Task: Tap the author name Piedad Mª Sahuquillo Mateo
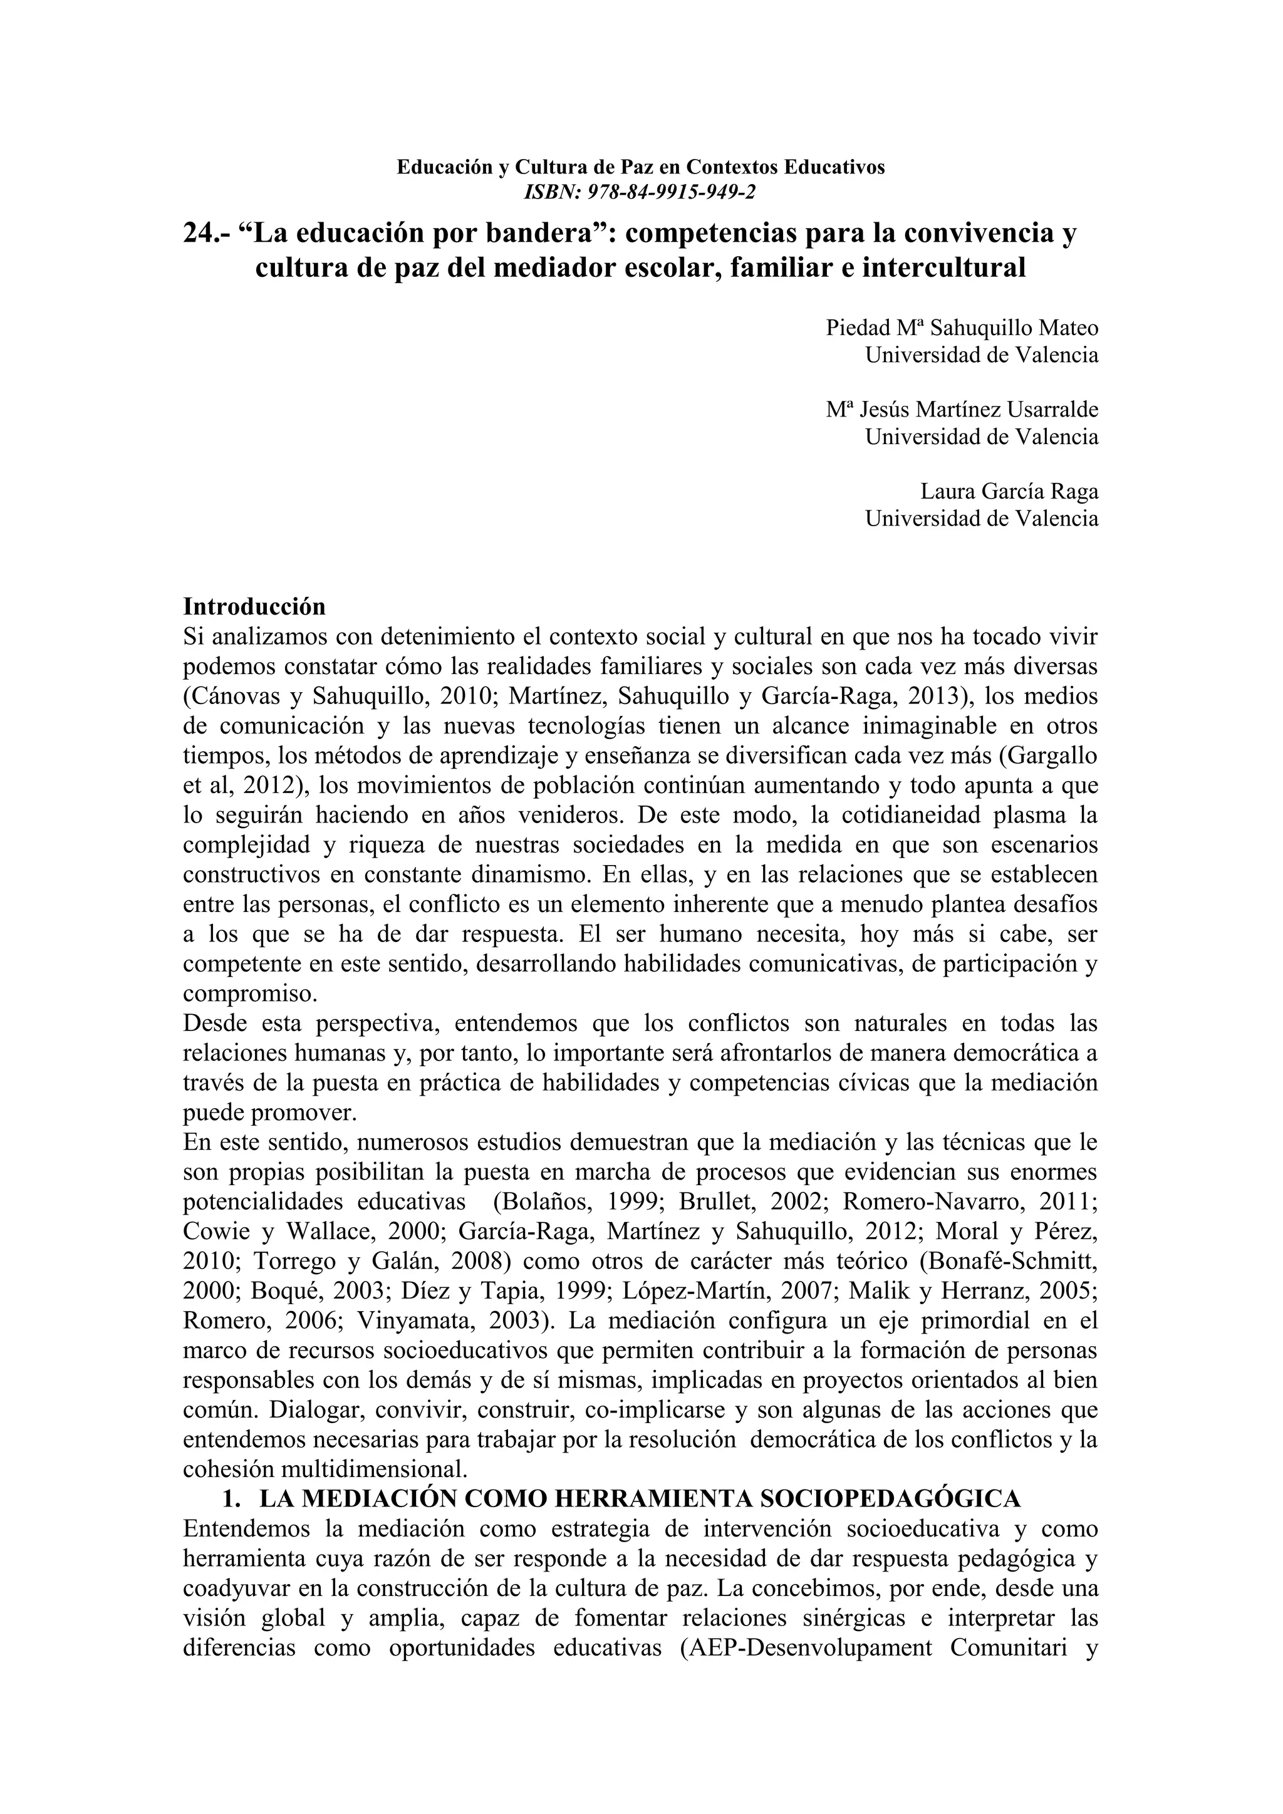tap(962, 327)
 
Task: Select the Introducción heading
tap(254, 607)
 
